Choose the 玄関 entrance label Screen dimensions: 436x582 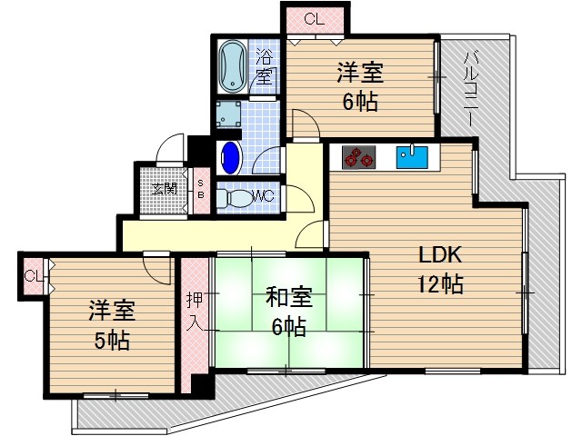(x=165, y=190)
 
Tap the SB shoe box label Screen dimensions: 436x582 (x=200, y=188)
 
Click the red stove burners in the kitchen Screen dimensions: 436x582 (x=358, y=158)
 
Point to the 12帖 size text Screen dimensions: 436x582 (x=441, y=284)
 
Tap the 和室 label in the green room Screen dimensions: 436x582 (x=289, y=297)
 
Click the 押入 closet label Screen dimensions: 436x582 (x=195, y=311)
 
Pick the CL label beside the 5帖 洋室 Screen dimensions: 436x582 (x=33, y=275)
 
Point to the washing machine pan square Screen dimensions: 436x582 (x=228, y=115)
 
